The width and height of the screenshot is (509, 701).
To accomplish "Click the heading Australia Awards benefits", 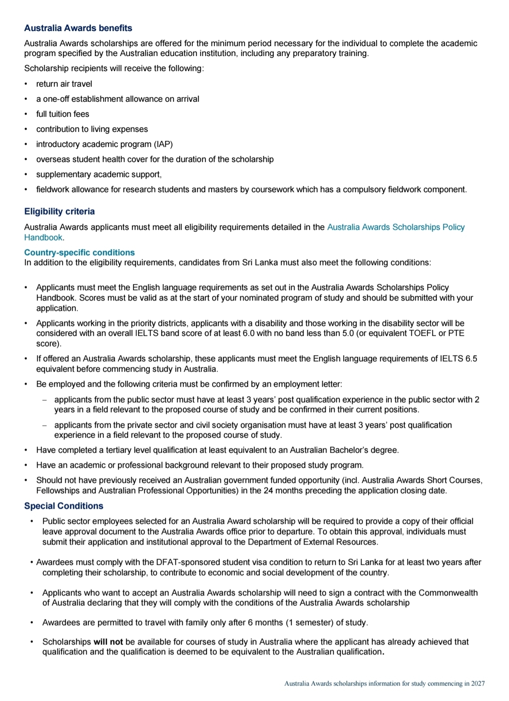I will tap(78, 28).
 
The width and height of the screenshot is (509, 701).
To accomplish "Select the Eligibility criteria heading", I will tap(59, 212).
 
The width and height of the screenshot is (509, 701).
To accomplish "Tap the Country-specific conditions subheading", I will tap(79, 253).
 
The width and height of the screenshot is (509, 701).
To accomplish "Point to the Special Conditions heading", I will tap(64, 506).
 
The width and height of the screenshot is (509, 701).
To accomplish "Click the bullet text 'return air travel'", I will tap(64, 84).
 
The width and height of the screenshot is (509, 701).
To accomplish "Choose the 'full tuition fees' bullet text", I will tap(63, 114).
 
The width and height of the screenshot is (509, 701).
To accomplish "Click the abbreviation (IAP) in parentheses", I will tap(164, 144).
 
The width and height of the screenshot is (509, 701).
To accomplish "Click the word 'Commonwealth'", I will tap(448, 593).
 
